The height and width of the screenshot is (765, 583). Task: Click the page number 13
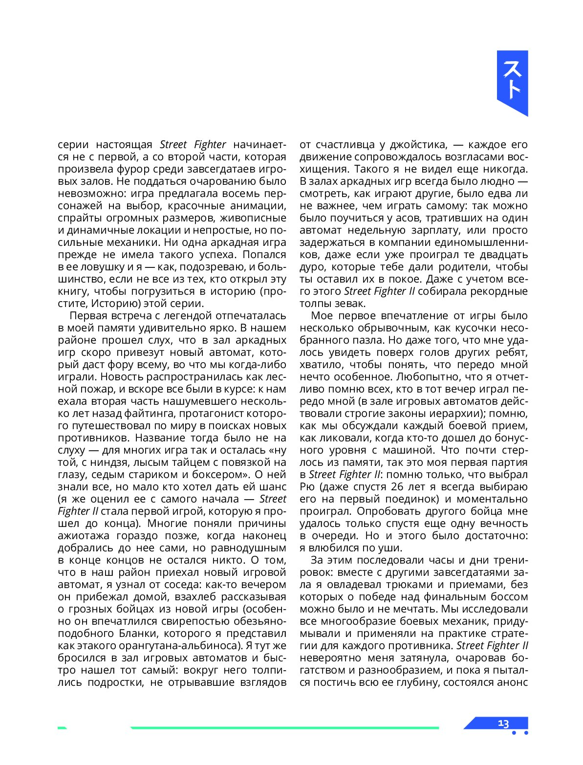[503, 723]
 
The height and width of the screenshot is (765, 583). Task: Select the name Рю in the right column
[307, 487]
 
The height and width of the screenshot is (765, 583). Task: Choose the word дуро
[312, 267]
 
